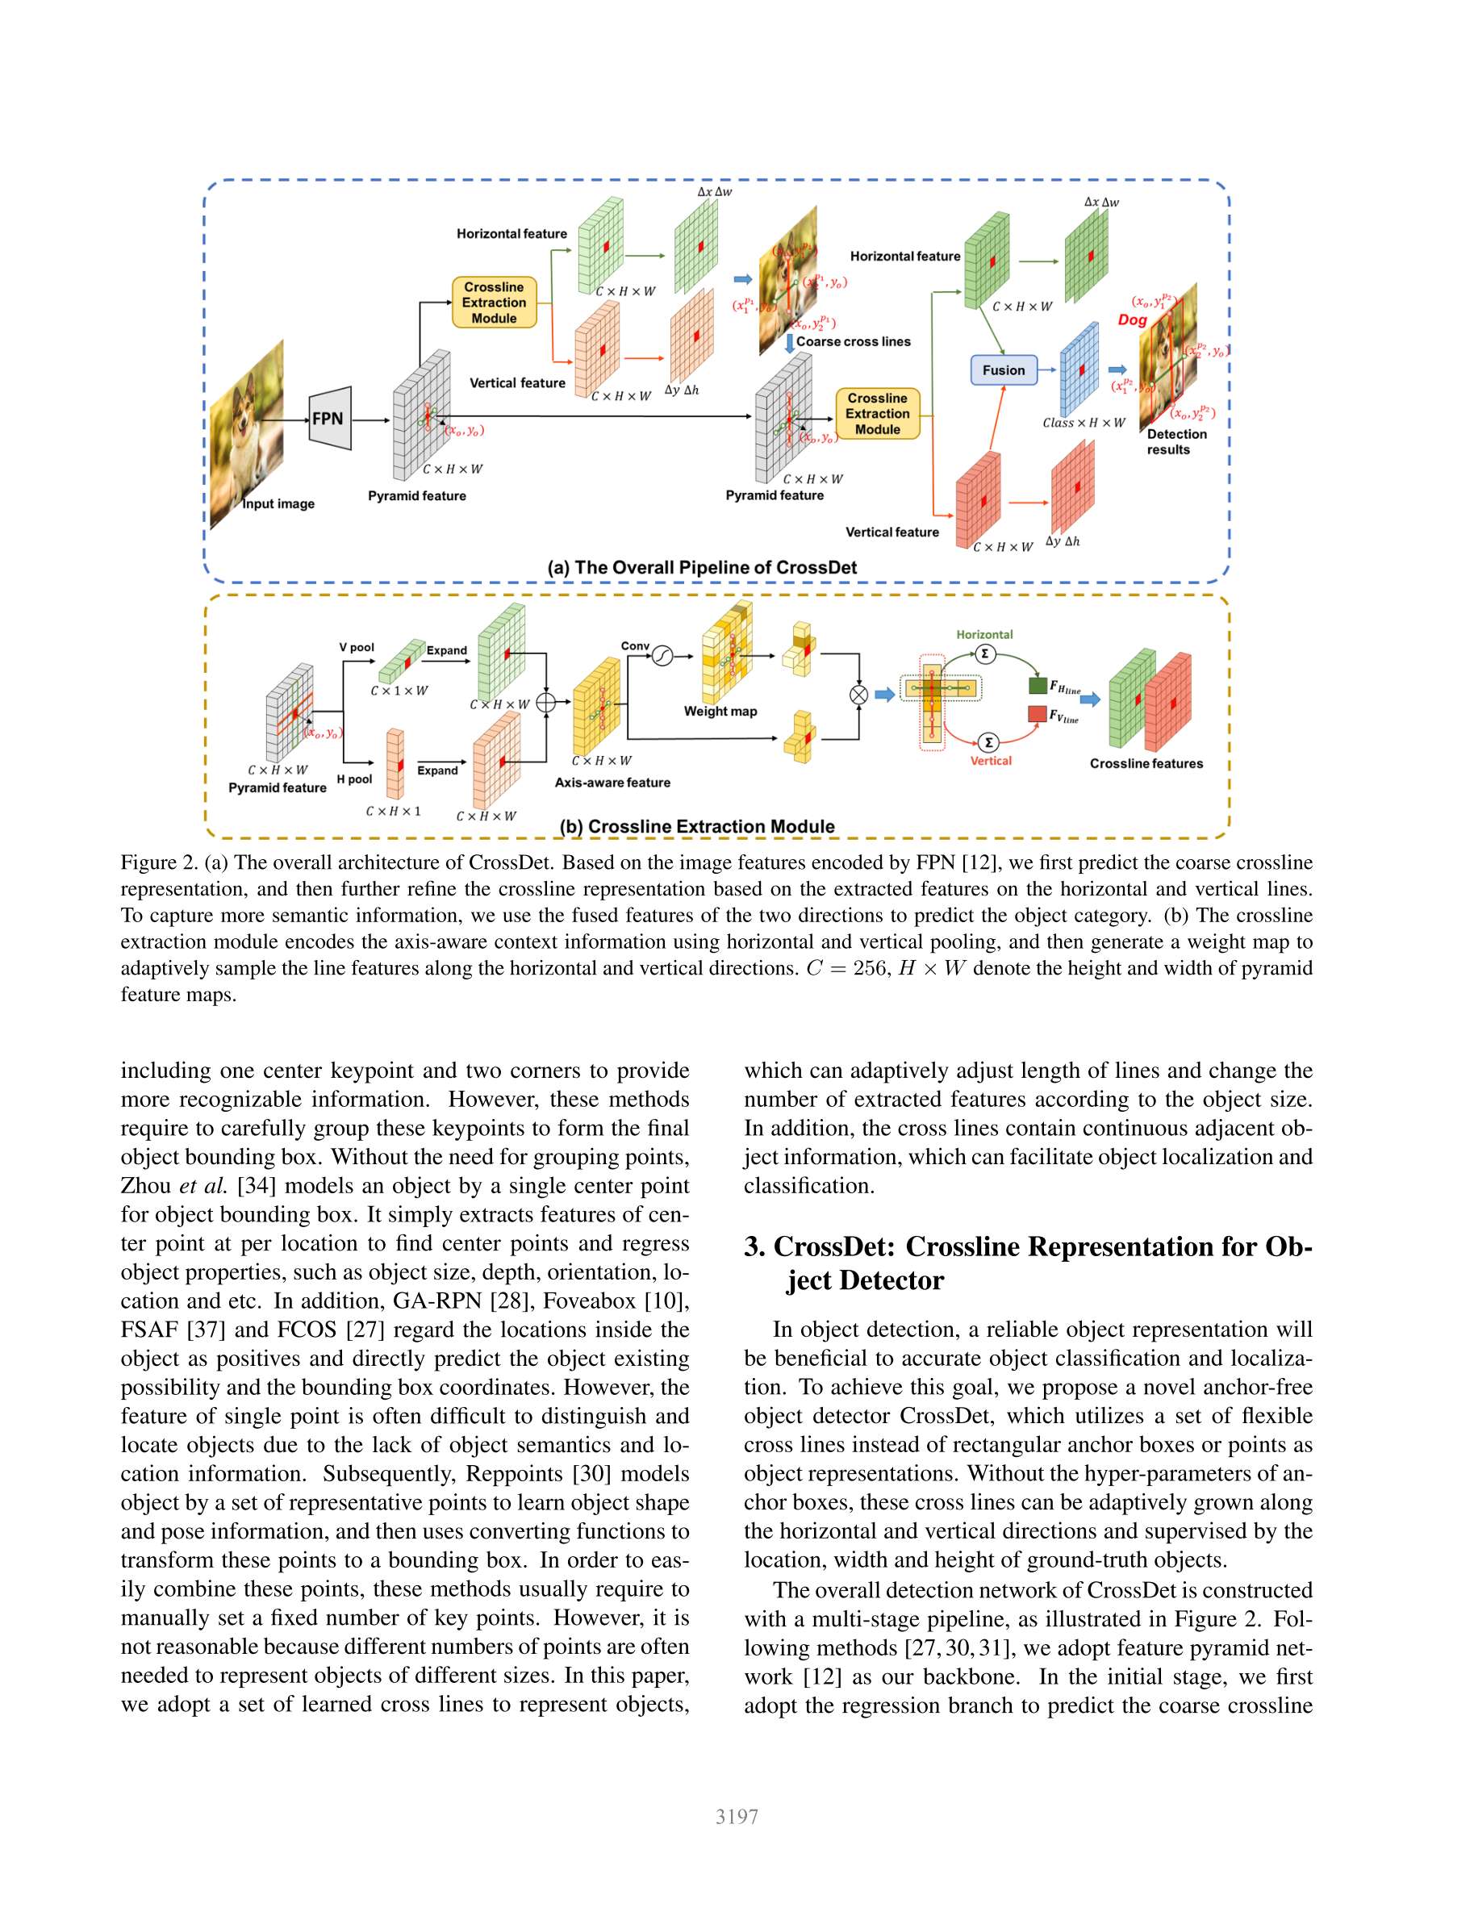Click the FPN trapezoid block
pos(330,419)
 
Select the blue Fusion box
pos(1004,370)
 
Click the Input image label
pos(278,504)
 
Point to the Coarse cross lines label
pos(853,341)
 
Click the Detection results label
pos(1176,442)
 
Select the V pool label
pos(357,647)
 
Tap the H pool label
pos(355,779)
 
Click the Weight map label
pos(720,711)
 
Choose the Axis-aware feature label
pos(612,783)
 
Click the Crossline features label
pos(1146,763)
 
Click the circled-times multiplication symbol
pos(859,695)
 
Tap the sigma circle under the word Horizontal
pos(985,653)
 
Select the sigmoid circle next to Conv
pos(662,655)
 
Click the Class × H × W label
pos(1084,423)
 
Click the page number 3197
pos(737,1817)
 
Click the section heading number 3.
pos(754,1246)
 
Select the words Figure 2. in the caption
pos(159,863)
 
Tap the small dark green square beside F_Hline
pos(1038,685)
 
